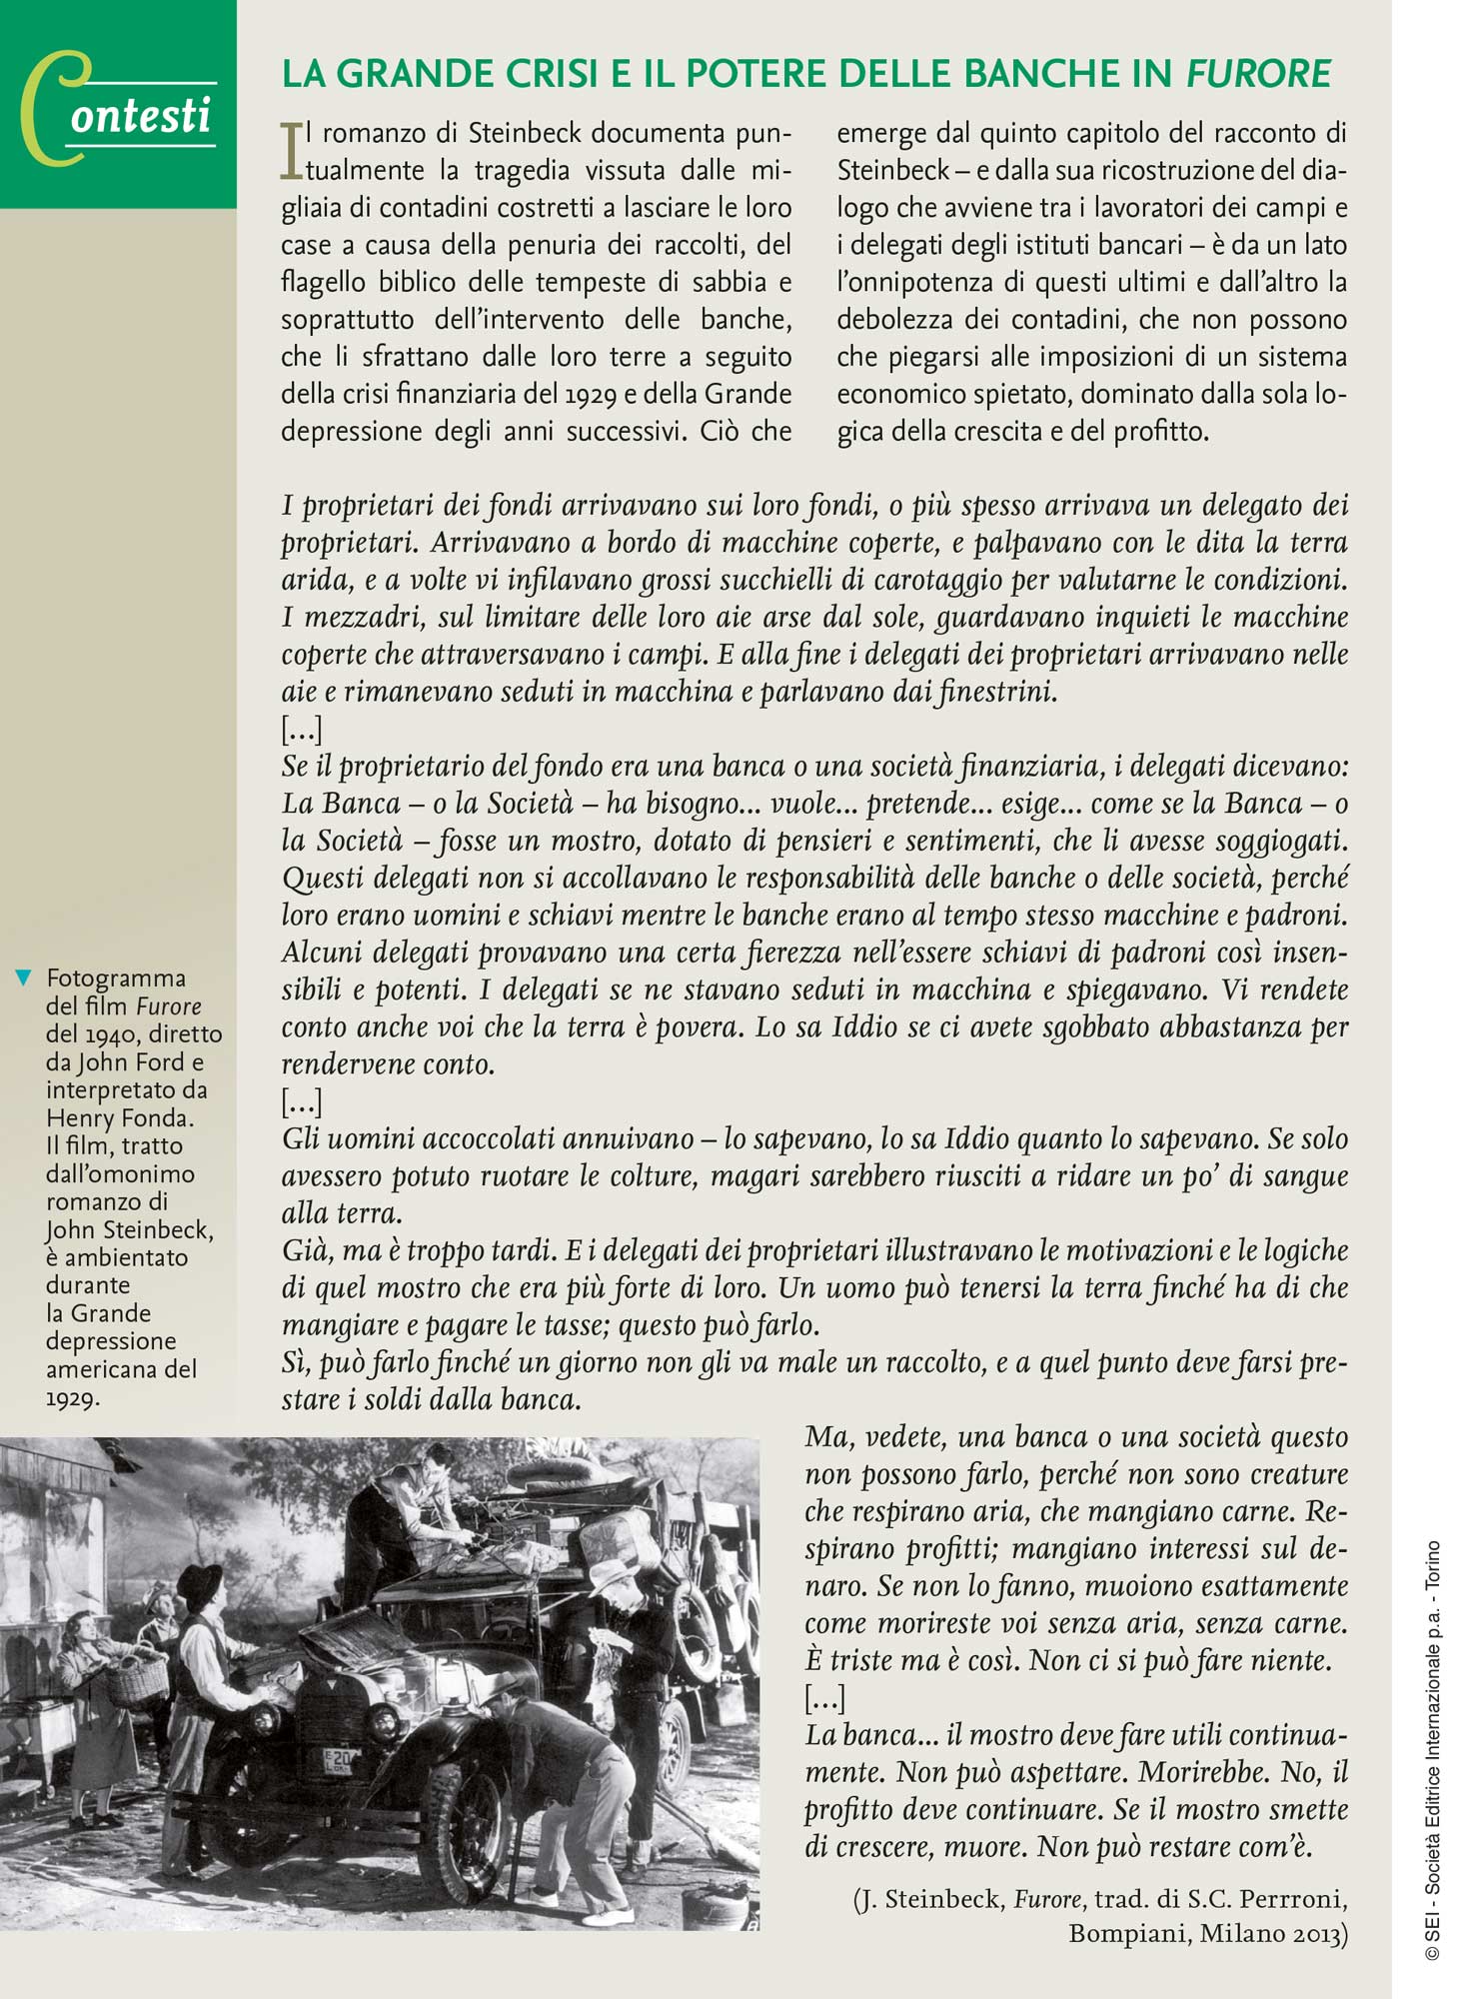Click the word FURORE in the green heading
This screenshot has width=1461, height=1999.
[1258, 74]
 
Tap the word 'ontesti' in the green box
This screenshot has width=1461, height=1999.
[141, 117]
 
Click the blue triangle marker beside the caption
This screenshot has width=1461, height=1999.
[23, 978]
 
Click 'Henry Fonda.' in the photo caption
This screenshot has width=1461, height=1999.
[120, 1117]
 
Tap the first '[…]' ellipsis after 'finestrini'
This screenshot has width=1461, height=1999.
[301, 730]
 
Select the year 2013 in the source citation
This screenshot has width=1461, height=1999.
[1317, 1934]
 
